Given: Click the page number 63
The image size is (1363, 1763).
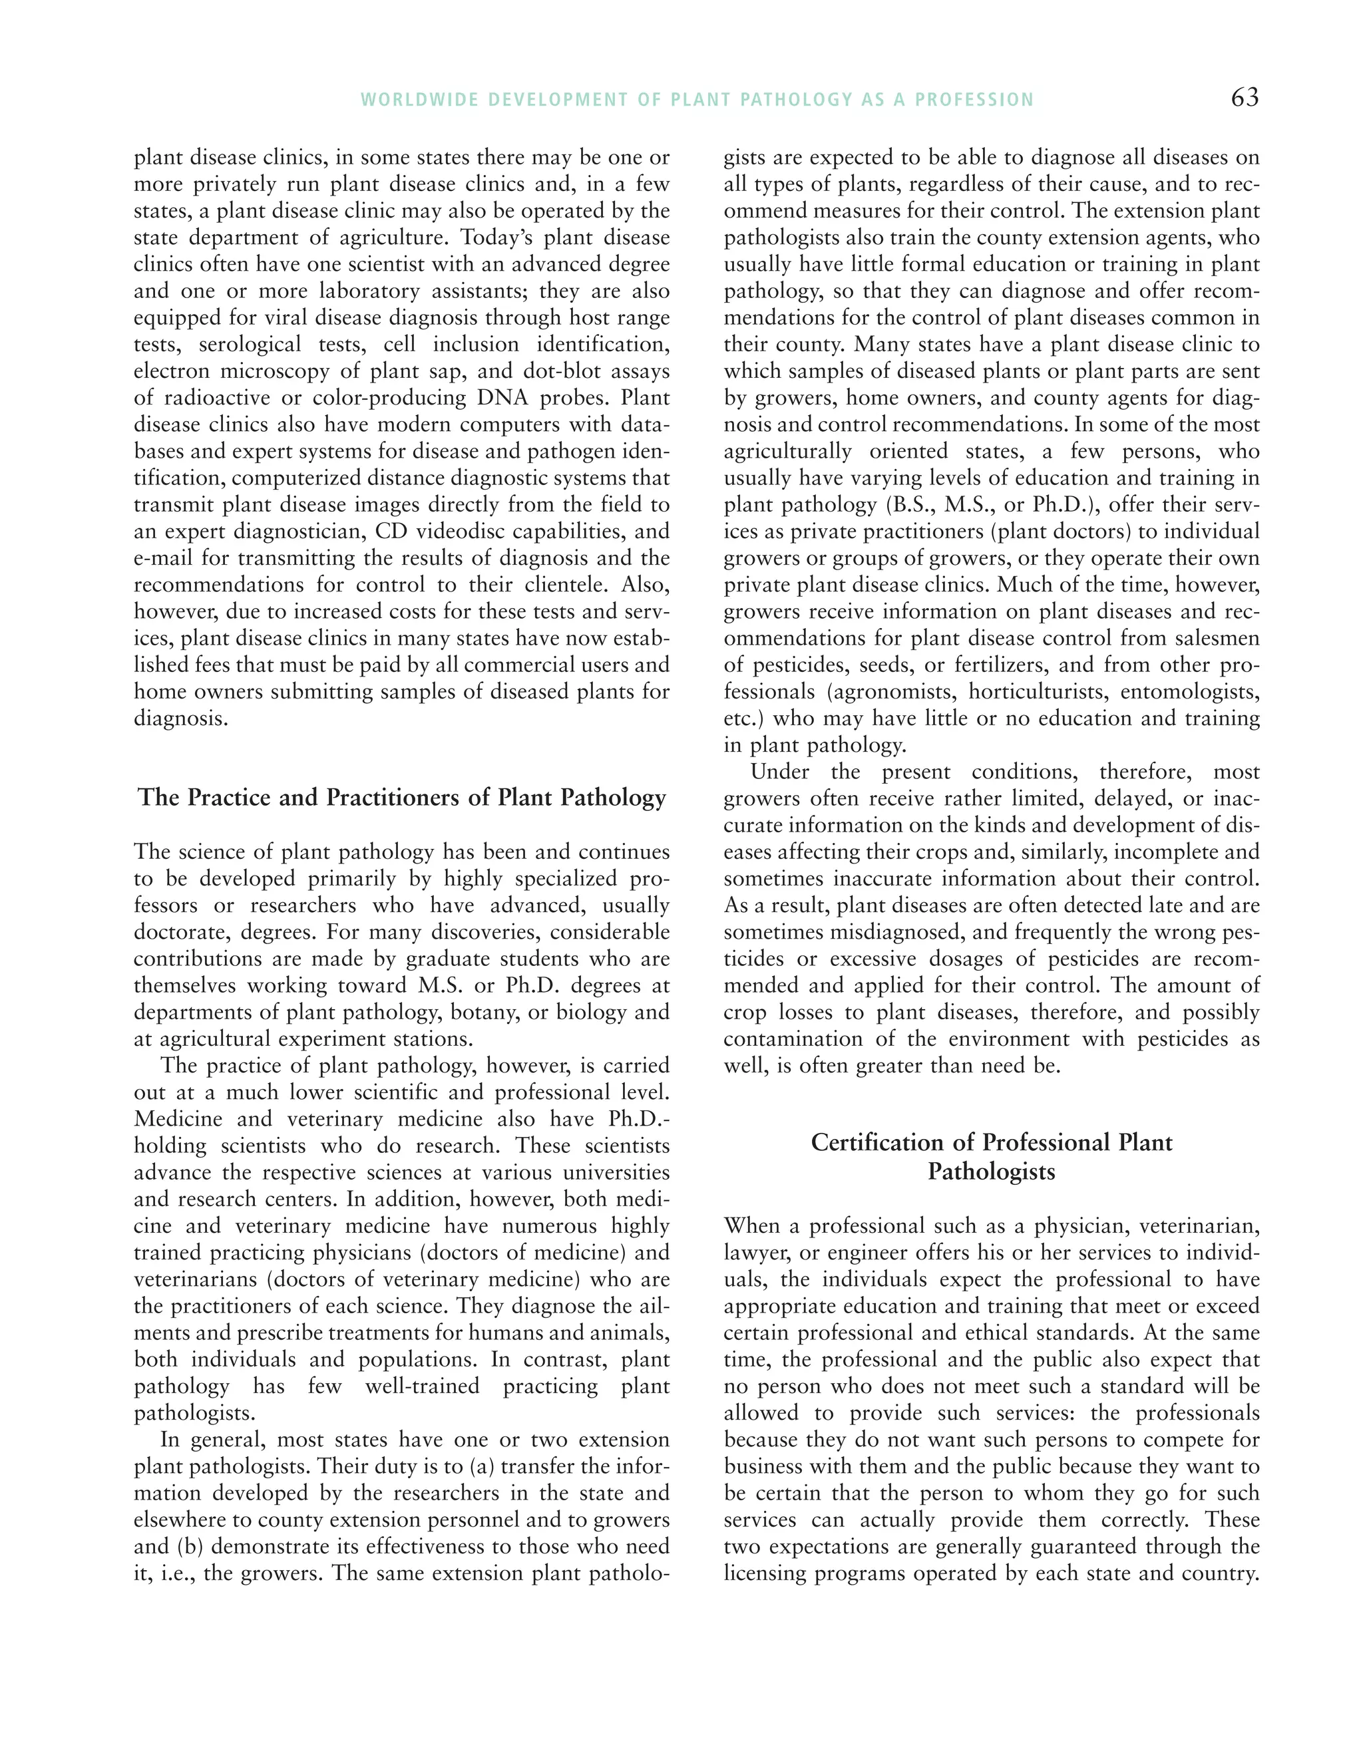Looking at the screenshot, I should (1245, 98).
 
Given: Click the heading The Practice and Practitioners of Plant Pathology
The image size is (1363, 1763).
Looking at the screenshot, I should (402, 798).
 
